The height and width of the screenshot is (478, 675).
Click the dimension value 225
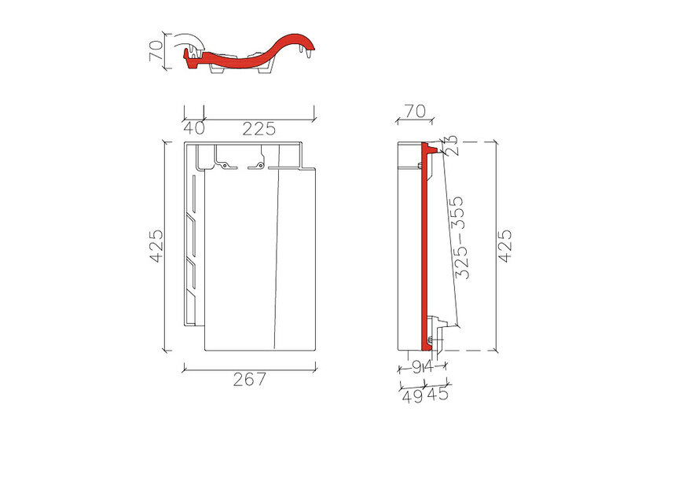[x=259, y=129]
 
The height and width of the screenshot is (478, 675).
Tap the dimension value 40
[x=194, y=128]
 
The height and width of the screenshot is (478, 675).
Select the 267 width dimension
[x=250, y=380]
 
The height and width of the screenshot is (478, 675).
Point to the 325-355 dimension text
[x=458, y=237]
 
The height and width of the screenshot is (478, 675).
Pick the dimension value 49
[x=412, y=396]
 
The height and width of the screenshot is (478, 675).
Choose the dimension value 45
[x=438, y=393]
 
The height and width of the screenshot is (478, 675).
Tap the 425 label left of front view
[x=156, y=246]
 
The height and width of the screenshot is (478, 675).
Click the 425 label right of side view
[x=505, y=246]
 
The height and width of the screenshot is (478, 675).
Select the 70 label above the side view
[x=415, y=111]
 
